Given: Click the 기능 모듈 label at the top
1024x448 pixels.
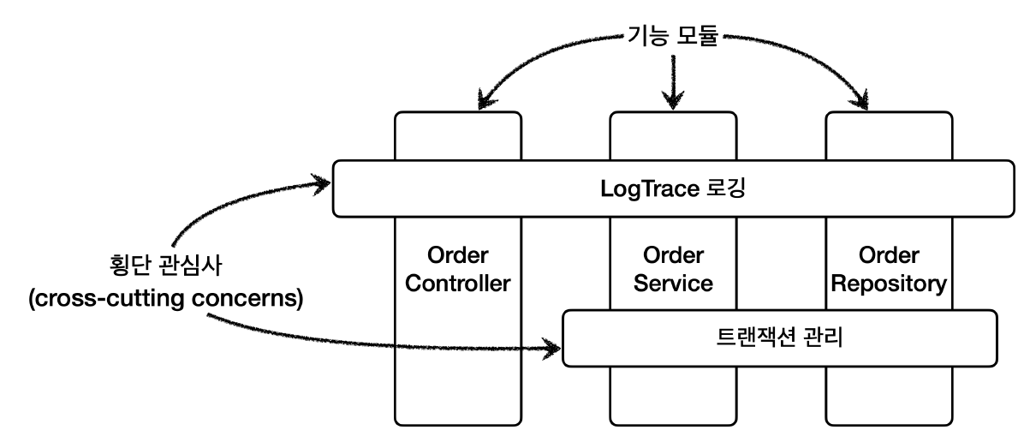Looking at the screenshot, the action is [x=673, y=36].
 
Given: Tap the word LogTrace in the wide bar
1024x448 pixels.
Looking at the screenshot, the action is [x=641, y=188].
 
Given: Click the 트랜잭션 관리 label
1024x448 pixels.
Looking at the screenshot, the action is [x=780, y=337].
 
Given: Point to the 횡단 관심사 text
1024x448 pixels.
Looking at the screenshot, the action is [x=166, y=266].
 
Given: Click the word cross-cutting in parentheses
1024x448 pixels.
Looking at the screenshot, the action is [x=106, y=299].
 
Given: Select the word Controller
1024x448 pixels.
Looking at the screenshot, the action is [x=458, y=284].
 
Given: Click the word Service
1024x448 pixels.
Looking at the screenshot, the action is [x=673, y=284].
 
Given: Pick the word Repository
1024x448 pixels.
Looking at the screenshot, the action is [x=889, y=284].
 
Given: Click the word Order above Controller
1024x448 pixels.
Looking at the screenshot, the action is [x=458, y=255].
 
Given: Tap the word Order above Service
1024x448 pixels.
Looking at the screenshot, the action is [x=673, y=255].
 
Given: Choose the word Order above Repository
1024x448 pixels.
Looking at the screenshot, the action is [x=889, y=255].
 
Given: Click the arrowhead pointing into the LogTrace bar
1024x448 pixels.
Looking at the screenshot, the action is [x=321, y=183].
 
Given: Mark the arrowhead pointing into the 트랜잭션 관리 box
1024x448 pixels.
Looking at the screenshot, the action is [x=552, y=349].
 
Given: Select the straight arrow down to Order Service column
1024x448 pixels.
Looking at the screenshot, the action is [x=673, y=81].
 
